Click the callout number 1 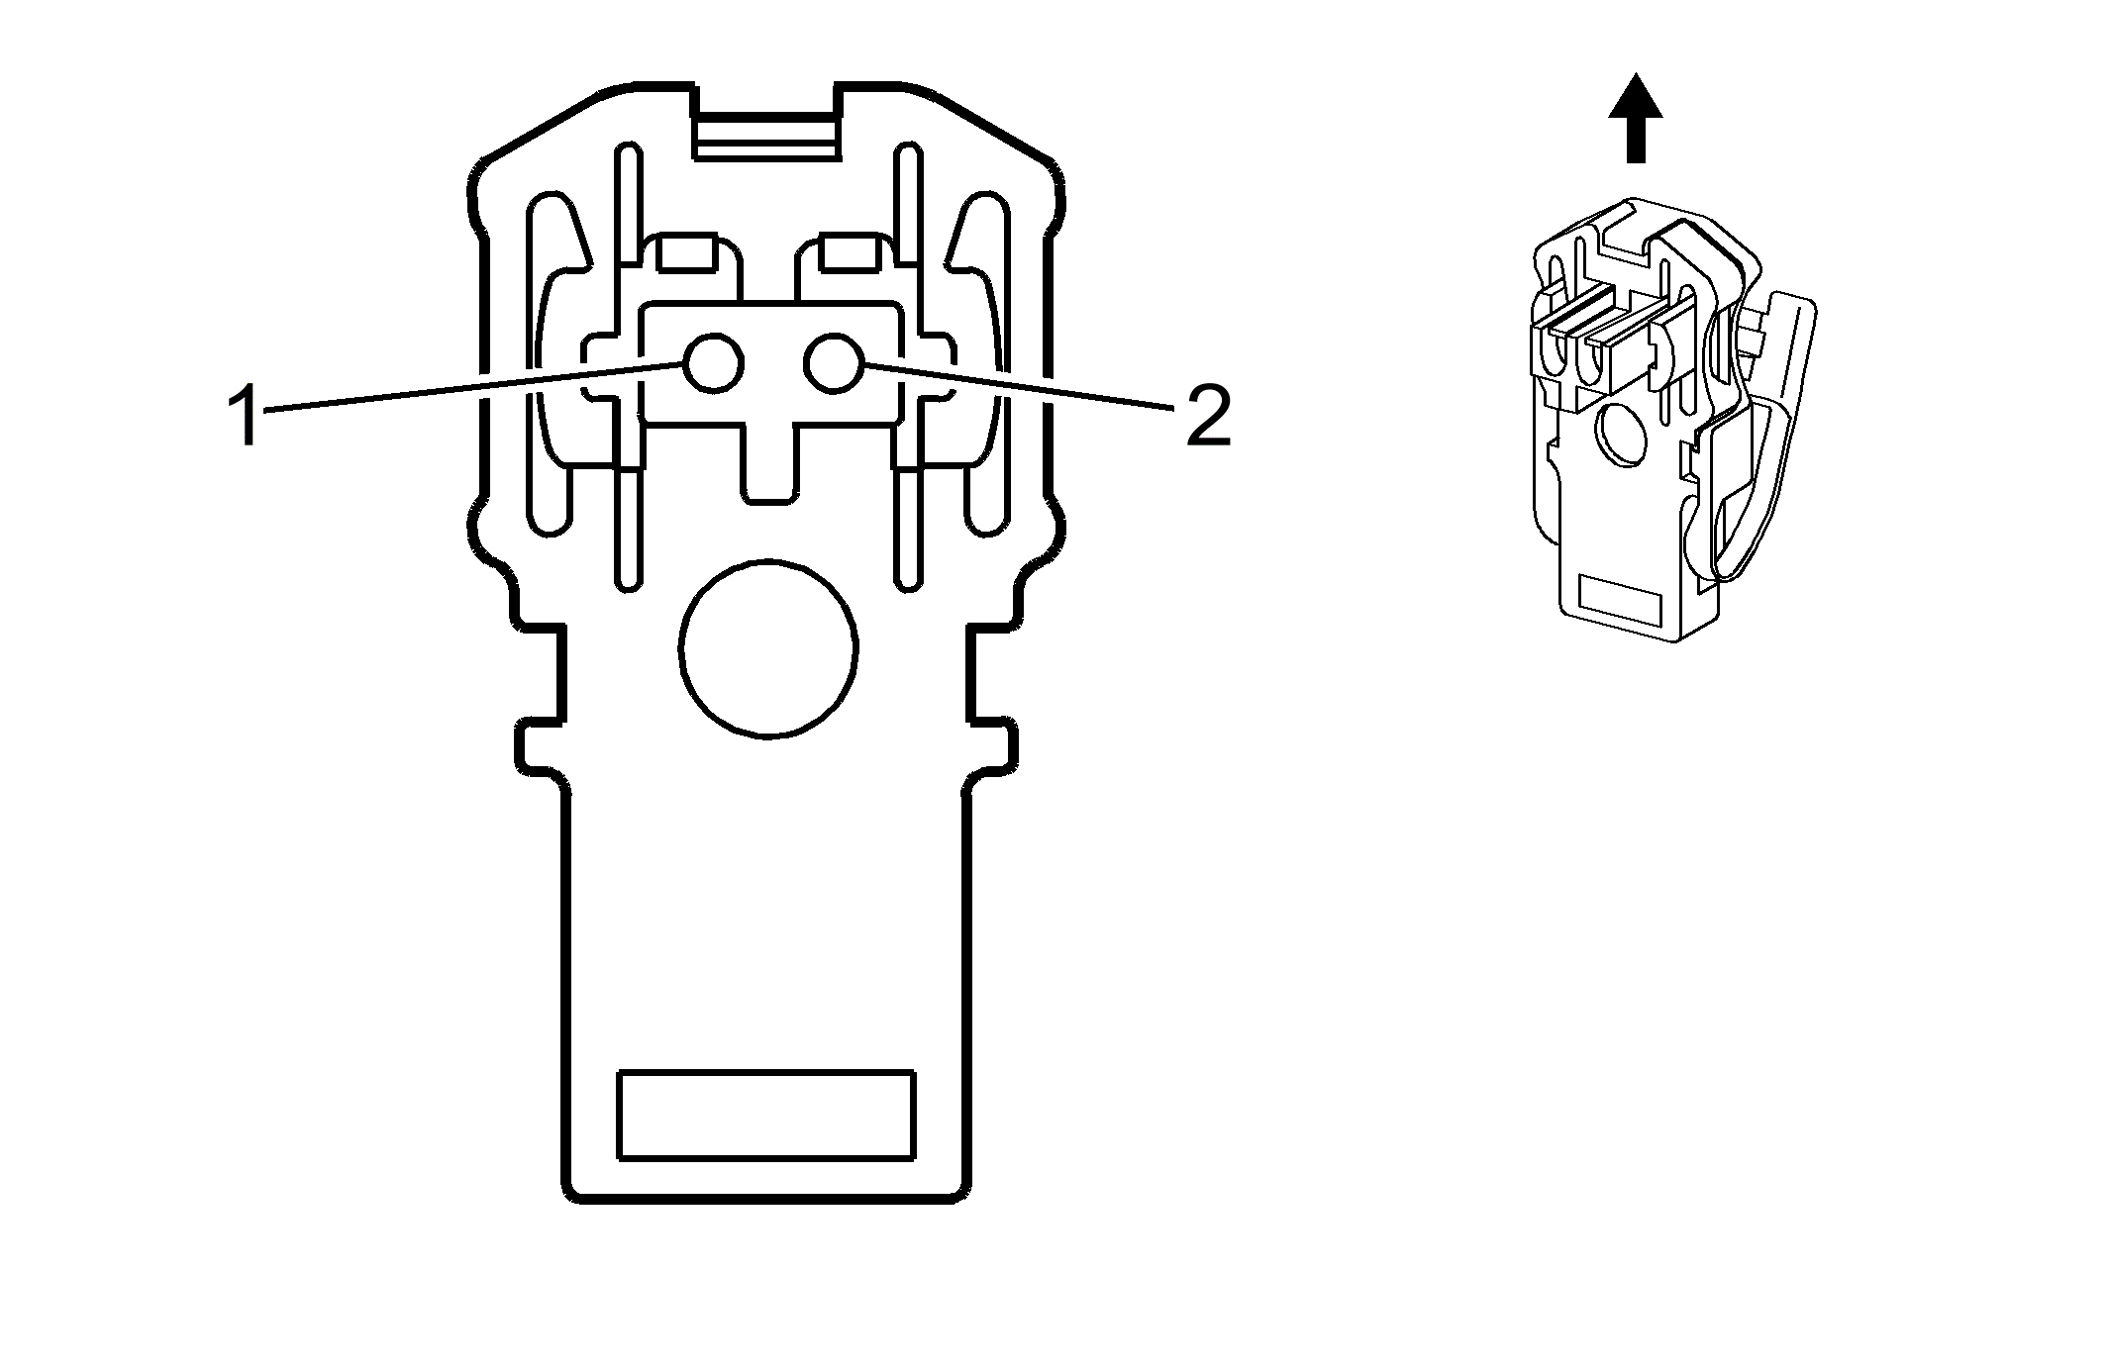click(x=244, y=415)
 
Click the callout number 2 click(x=1207, y=415)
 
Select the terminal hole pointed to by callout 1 click(x=713, y=365)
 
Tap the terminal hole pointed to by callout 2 click(x=832, y=363)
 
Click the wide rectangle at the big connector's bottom click(x=765, y=1114)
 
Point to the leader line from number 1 click(x=475, y=387)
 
